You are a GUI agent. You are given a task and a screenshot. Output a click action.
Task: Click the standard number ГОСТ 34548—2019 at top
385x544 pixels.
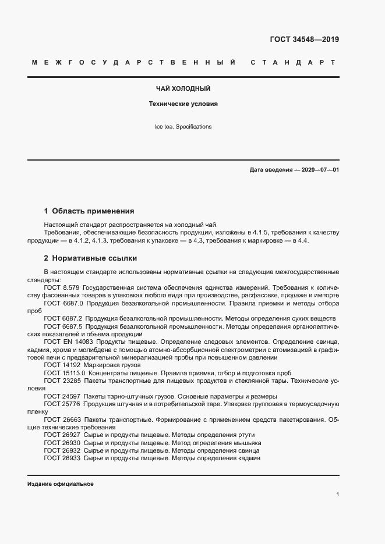coord(304,40)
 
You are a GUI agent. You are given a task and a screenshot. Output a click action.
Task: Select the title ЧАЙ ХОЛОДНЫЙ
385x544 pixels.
coord(183,89)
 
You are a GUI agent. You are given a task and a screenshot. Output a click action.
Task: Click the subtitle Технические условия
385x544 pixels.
coord(183,105)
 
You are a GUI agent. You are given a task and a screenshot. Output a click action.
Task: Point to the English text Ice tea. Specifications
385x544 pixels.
coord(183,126)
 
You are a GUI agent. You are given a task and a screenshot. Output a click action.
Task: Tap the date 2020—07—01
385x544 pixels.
coord(320,170)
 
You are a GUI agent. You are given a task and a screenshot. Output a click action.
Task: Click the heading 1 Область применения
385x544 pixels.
coord(89,211)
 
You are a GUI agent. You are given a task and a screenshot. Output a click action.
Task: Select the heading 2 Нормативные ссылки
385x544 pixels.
coord(90,258)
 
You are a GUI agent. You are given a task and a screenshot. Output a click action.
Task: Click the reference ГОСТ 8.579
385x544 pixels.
coord(61,287)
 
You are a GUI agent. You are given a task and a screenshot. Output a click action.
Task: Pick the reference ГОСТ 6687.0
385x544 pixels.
coord(63,303)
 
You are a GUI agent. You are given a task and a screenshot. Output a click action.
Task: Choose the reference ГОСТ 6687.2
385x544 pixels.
coord(63,319)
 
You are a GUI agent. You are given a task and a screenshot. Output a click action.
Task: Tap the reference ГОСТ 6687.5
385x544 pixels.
coord(63,326)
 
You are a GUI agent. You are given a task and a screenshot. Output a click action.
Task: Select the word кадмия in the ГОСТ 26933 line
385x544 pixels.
coord(248,458)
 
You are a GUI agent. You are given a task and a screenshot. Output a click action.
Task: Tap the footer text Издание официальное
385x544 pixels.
coord(61,484)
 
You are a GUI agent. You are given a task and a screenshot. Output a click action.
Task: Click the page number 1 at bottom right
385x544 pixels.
coord(337,494)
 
